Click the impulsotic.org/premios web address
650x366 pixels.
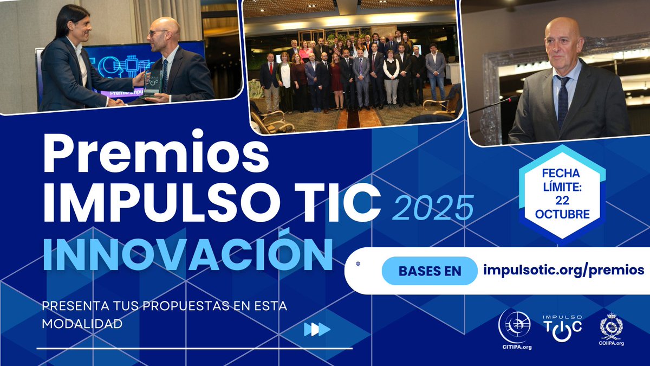pyautogui.click(x=563, y=269)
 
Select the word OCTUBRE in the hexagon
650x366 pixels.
pyautogui.click(x=562, y=214)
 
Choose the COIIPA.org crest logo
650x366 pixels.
pyautogui.click(x=612, y=329)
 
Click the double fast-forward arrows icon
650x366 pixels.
pyautogui.click(x=317, y=329)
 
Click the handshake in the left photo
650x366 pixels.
pyautogui.click(x=117, y=101)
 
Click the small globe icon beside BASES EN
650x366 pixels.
pyautogui.click(x=358, y=264)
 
